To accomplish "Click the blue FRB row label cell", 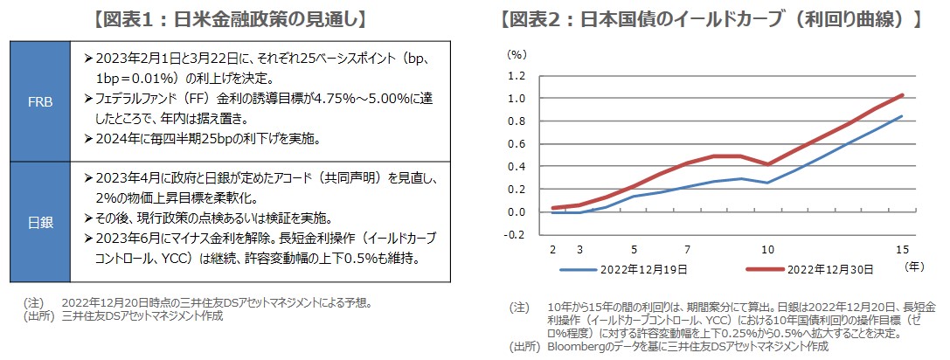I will pyautogui.click(x=39, y=101).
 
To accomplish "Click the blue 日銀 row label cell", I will pyautogui.click(x=39, y=222).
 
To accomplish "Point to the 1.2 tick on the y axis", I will pyautogui.click(x=516, y=75).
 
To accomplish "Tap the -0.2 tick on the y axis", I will pyautogui.click(x=514, y=234).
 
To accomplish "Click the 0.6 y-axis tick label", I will pyautogui.click(x=516, y=143).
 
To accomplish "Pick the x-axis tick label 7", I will pyautogui.click(x=688, y=249).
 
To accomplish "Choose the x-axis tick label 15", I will pyautogui.click(x=901, y=249).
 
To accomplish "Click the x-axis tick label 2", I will pyautogui.click(x=553, y=249).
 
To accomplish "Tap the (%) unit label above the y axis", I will pyautogui.click(x=517, y=53).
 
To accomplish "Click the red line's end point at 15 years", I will pyautogui.click(x=902, y=94).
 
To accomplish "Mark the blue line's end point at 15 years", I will pyautogui.click(x=902, y=116).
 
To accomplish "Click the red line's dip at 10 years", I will pyautogui.click(x=768, y=164).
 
